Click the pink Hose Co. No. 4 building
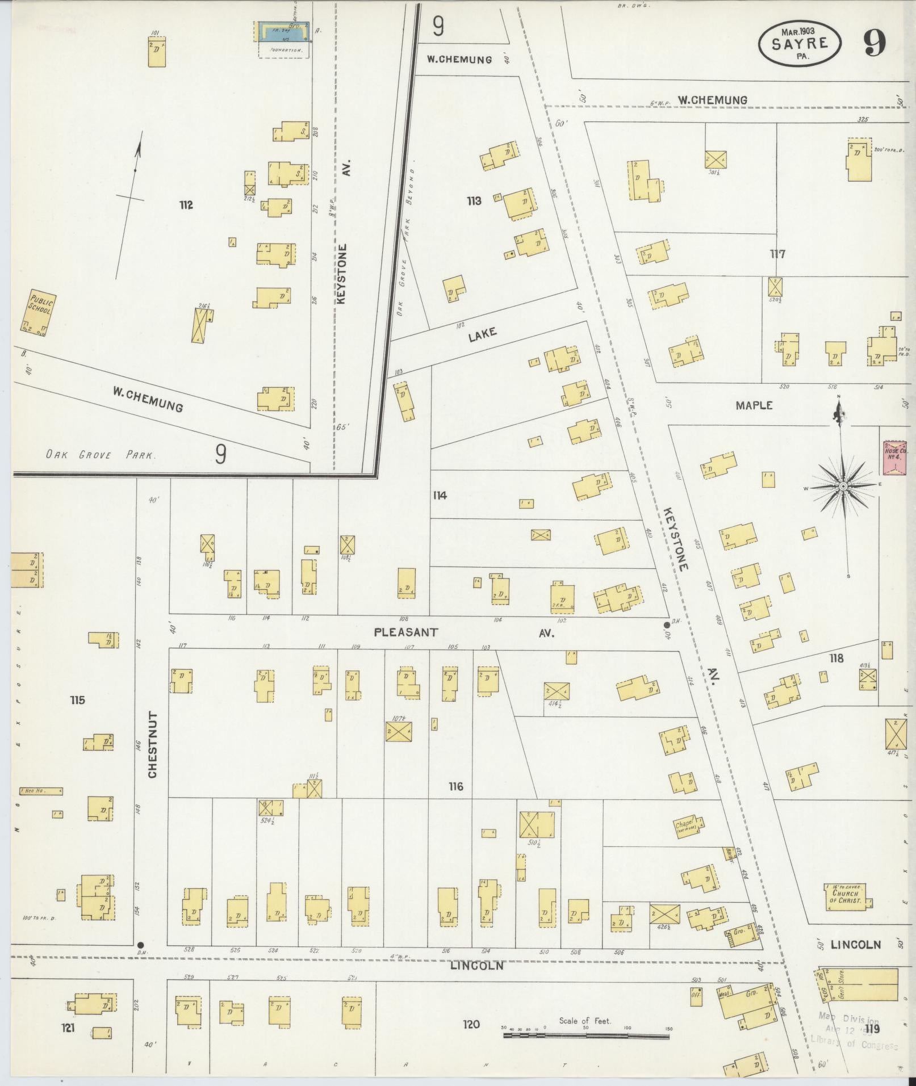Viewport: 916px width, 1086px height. pos(894,458)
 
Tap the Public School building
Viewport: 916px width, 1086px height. pos(40,313)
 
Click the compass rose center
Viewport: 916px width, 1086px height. pos(843,487)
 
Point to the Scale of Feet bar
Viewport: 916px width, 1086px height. pos(586,1036)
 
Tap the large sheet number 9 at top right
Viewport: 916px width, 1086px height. pos(875,44)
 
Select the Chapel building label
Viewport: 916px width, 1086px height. pos(687,827)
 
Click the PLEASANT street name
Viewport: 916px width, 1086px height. pos(406,632)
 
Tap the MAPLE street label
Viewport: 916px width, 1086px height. pos(754,405)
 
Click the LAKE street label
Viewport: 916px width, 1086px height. pos(483,334)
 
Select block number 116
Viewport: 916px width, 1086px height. pos(455,786)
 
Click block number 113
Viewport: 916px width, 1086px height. pos(474,200)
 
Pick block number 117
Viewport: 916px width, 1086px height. pos(777,254)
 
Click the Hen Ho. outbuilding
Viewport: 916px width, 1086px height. pos(40,791)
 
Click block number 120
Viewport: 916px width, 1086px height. pos(471,1024)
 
